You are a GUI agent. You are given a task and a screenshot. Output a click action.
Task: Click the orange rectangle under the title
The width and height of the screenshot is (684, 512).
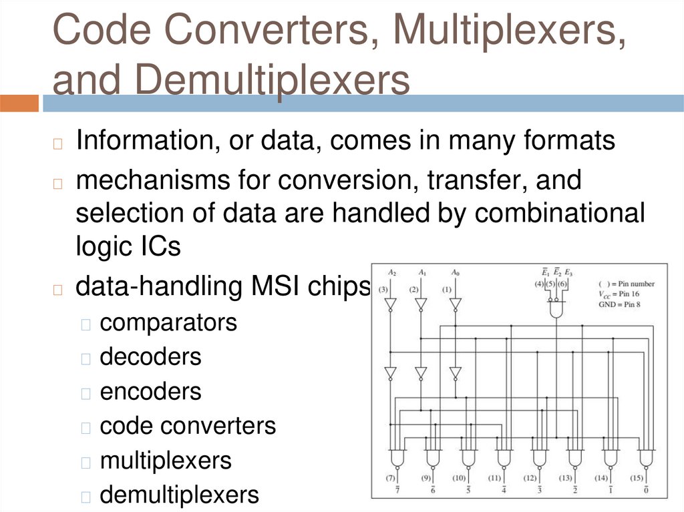coord(19,103)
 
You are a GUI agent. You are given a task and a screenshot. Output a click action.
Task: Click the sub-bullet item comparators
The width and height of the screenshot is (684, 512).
coord(168,322)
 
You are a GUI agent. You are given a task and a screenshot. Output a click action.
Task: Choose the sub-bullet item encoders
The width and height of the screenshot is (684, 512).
coord(150,391)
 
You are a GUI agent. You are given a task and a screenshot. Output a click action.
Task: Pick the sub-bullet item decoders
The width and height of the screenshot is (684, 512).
coord(150,356)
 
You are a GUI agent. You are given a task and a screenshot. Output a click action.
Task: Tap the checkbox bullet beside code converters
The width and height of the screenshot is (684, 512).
coord(85,427)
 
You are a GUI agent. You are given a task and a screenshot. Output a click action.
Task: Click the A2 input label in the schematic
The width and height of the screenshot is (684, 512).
coord(391,272)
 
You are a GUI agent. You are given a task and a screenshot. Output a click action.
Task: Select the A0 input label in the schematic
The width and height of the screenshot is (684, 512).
coord(454,272)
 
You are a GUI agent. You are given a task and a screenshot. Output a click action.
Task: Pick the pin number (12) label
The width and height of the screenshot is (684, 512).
coord(530,477)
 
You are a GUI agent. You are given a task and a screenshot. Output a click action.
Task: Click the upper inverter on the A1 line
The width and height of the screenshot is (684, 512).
coord(421,304)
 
